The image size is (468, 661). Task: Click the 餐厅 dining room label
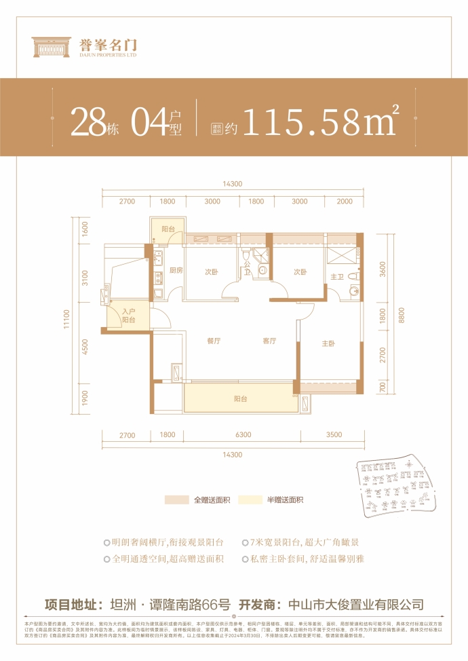pyautogui.click(x=214, y=342)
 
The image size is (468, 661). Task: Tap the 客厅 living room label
pyautogui.click(x=269, y=342)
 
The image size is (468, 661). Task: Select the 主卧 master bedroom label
pyautogui.click(x=328, y=344)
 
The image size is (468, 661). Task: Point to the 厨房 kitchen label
pyautogui.click(x=177, y=271)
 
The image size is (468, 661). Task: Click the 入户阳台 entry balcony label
pyautogui.click(x=128, y=316)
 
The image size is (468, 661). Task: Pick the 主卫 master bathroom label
pyautogui.click(x=337, y=276)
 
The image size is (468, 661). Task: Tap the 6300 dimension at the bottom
pyautogui.click(x=243, y=435)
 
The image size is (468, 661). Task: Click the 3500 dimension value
pyautogui.click(x=334, y=435)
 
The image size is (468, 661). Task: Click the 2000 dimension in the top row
pyautogui.click(x=345, y=202)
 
